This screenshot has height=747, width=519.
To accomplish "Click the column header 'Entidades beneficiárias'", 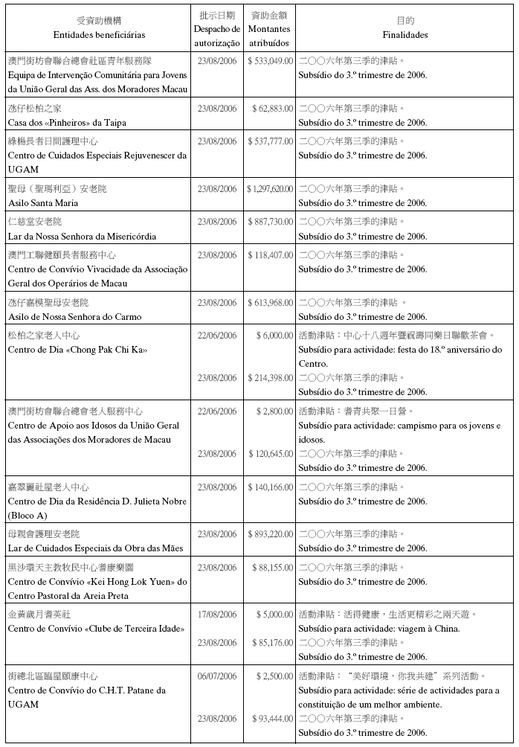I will pyautogui.click(x=99, y=35).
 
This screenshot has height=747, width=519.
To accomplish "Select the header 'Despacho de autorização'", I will pyautogui.click(x=217, y=36).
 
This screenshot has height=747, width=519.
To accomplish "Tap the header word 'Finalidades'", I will pyautogui.click(x=405, y=35).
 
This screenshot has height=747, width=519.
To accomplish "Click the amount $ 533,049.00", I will pyautogui.click(x=270, y=61).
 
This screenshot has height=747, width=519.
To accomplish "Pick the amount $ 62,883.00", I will pyautogui.click(x=272, y=109).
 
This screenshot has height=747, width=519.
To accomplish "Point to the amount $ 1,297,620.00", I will pyautogui.click(x=270, y=189).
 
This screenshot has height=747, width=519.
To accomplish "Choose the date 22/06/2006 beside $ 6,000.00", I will pyautogui.click(x=217, y=336).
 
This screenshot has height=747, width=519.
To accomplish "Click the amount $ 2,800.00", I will pyautogui.click(x=274, y=411).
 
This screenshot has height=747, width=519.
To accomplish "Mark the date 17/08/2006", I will pyautogui.click(x=217, y=615).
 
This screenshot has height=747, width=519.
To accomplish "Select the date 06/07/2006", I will pyautogui.click(x=217, y=676).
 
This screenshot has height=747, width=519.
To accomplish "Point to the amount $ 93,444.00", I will pyautogui.click(x=272, y=719).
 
